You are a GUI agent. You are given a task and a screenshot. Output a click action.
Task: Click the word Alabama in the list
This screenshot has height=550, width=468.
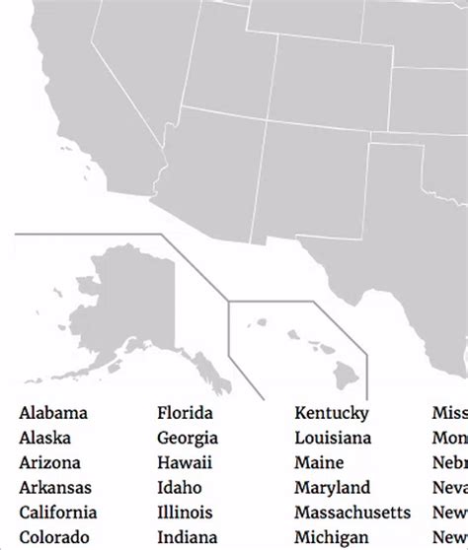pyautogui.click(x=53, y=413)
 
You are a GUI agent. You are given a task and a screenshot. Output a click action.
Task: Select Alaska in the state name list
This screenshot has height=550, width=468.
pyautogui.click(x=45, y=438)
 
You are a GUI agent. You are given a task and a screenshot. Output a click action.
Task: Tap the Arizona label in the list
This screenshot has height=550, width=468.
pyautogui.click(x=49, y=462)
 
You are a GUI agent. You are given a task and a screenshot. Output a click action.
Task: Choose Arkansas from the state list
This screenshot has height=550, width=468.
pyautogui.click(x=55, y=487)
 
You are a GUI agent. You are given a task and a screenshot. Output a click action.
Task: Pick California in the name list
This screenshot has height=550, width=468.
pyautogui.click(x=58, y=512)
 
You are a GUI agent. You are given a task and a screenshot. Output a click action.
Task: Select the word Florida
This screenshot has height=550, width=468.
pyautogui.click(x=185, y=413)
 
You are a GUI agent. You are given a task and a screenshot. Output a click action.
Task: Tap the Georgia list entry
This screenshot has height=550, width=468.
pyautogui.click(x=188, y=438)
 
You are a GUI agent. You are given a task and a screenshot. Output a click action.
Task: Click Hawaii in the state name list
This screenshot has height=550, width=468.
pyautogui.click(x=185, y=462)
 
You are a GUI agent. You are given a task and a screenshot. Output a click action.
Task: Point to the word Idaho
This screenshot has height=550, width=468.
pyautogui.click(x=180, y=487)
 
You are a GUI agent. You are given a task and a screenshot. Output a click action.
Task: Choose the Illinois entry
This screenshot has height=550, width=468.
pyautogui.click(x=186, y=512)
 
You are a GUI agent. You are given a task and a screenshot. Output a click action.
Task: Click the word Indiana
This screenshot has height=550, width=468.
pyautogui.click(x=187, y=536)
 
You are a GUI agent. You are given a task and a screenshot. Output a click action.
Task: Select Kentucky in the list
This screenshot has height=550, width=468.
pyautogui.click(x=332, y=413)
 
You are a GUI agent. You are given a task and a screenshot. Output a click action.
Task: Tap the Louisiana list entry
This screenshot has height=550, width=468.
pyautogui.click(x=333, y=438)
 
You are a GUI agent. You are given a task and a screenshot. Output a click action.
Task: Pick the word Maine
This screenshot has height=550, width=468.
pyautogui.click(x=319, y=462)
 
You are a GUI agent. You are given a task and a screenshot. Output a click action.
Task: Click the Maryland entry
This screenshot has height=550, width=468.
pyautogui.click(x=332, y=487)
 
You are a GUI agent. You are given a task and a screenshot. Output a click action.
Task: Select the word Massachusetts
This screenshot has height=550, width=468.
pyautogui.click(x=352, y=512)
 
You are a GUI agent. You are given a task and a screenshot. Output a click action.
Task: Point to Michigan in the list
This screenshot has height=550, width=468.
pyautogui.click(x=331, y=536)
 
